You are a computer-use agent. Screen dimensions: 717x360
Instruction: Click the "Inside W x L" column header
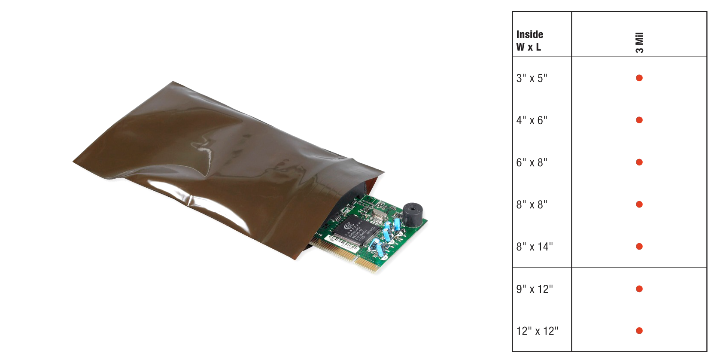tap(530, 41)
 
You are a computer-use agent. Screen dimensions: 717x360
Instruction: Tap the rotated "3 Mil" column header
tap(640, 43)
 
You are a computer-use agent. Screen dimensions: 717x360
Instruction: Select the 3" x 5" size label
tap(532, 78)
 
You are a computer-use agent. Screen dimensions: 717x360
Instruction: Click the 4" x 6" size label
tap(532, 120)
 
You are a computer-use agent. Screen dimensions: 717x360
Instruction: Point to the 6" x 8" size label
tap(532, 163)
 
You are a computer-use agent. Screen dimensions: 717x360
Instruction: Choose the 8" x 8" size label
tap(532, 204)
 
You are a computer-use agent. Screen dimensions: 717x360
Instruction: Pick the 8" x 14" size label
tap(535, 247)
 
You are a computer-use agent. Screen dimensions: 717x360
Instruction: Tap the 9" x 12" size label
tap(535, 289)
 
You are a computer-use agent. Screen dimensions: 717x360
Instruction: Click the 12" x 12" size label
tap(537, 331)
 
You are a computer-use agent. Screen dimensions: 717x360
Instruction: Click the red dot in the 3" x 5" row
tap(639, 78)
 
